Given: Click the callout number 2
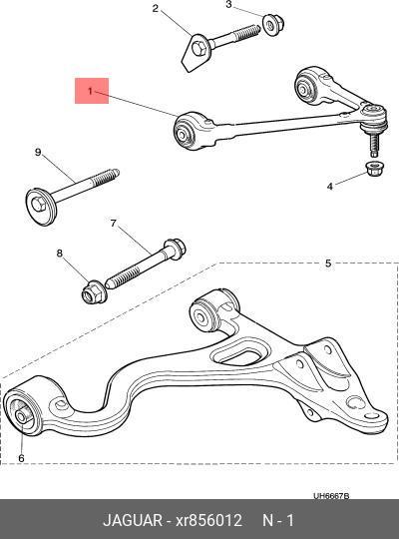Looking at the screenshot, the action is [x=156, y=8].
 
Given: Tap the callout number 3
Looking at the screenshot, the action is [x=228, y=4].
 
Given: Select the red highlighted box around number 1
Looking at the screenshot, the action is [x=92, y=91].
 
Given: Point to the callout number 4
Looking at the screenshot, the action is [x=330, y=187].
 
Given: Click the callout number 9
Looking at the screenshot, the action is [x=38, y=153].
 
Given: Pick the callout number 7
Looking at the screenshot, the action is [x=114, y=224].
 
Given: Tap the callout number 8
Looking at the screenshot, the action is [x=60, y=254].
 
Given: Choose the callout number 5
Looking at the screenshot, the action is [x=328, y=264].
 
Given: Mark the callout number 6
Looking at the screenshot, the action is [x=21, y=458].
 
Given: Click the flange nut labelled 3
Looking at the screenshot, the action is [x=273, y=24].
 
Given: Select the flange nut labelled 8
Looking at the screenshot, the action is [x=94, y=292].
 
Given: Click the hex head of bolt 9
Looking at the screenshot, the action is [x=39, y=205].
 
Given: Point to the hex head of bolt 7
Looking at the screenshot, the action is [x=176, y=248].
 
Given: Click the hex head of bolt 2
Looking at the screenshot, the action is [x=199, y=48].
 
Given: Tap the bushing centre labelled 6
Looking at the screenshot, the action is [x=21, y=417].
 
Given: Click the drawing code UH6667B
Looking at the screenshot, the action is [x=331, y=496].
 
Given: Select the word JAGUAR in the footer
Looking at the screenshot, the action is [x=133, y=520].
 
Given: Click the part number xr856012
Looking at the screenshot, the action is [x=208, y=520].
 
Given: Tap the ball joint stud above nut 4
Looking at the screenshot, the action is [x=374, y=145].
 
